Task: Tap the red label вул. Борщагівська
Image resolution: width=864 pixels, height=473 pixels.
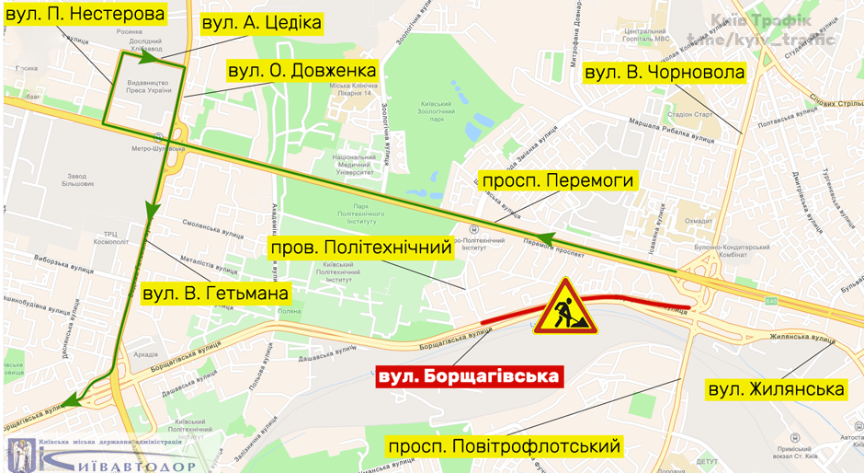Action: (x=469, y=376)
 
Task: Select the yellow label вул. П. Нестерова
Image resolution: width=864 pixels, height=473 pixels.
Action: (x=85, y=14)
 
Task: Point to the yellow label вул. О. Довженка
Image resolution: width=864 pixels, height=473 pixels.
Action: (x=301, y=71)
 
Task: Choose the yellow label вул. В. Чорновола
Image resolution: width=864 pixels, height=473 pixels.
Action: (x=665, y=72)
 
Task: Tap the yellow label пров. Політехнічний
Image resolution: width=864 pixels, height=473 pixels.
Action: (x=361, y=248)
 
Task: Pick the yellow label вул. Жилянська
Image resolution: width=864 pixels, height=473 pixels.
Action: (x=776, y=389)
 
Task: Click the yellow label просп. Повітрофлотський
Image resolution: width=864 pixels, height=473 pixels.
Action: (x=505, y=447)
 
